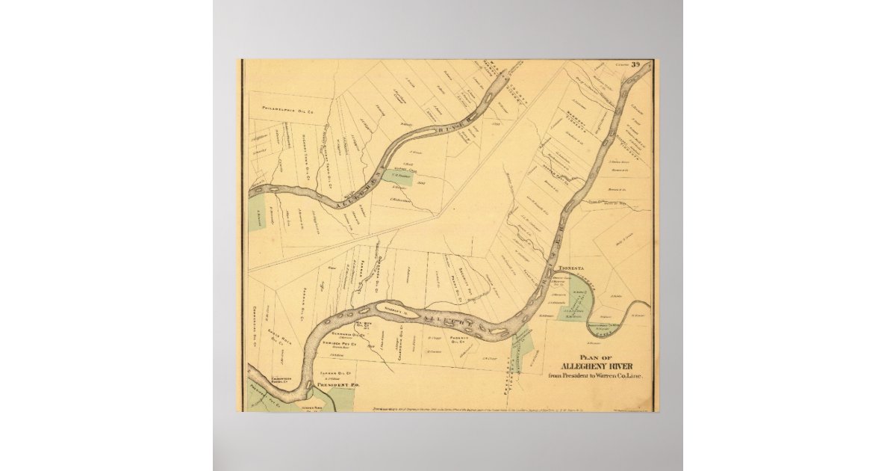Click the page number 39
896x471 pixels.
coord(635,64)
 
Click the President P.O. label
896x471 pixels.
coord(332,385)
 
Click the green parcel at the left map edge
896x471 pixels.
coord(257,212)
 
